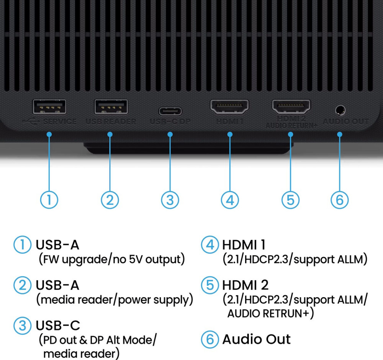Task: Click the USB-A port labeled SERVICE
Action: click(x=49, y=107)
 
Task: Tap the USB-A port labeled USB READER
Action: click(x=111, y=107)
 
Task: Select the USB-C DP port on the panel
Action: click(x=170, y=111)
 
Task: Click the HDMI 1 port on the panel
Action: click(x=229, y=106)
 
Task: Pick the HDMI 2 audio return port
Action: click(x=291, y=106)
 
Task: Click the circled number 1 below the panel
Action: click(x=49, y=200)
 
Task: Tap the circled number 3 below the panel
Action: click(x=170, y=200)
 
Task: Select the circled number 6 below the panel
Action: click(x=340, y=200)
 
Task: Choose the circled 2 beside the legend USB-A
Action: click(x=22, y=285)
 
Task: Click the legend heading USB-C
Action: click(x=58, y=326)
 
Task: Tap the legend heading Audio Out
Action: click(x=256, y=339)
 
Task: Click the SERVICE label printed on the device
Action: click(x=60, y=121)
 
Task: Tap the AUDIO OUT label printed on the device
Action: click(x=346, y=121)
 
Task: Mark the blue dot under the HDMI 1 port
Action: click(x=230, y=134)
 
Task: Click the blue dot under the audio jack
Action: click(x=340, y=134)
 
